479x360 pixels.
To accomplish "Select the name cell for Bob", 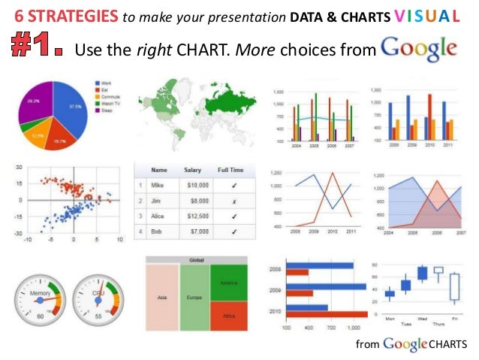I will click(x=158, y=232).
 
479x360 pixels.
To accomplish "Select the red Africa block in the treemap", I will click(x=229, y=316).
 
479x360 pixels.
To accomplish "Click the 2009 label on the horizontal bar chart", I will click(x=276, y=290).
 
